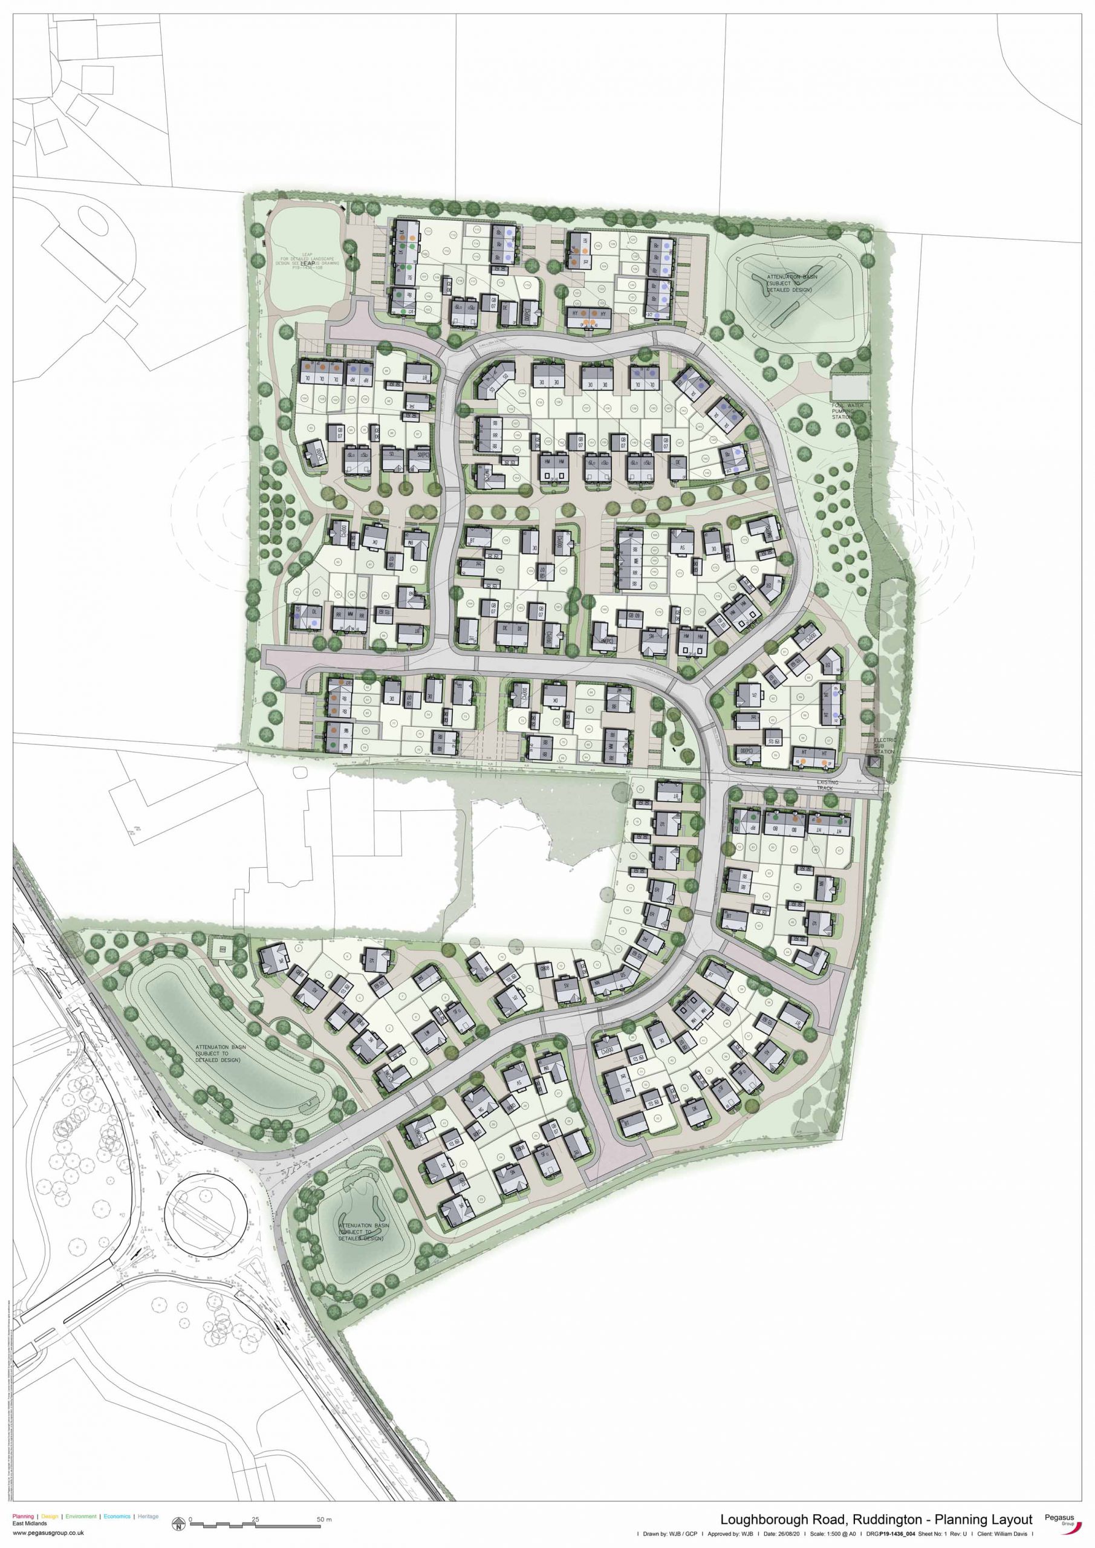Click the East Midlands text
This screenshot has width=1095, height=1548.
pyautogui.click(x=30, y=1524)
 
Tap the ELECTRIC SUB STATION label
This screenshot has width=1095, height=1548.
pyautogui.click(x=885, y=745)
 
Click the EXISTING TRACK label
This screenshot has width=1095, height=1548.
pyautogui.click(x=827, y=785)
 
